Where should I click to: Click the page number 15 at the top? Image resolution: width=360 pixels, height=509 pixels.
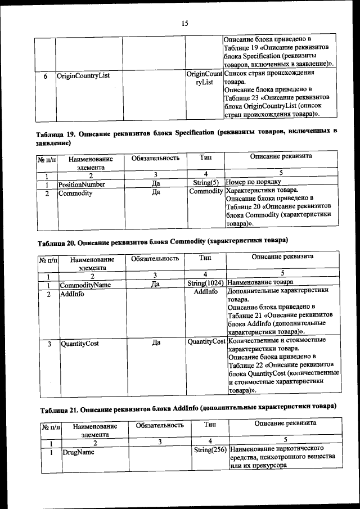point(184,22)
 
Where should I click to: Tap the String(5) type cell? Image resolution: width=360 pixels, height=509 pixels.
point(205,183)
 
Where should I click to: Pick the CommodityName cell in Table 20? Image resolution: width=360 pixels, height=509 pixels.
point(85,285)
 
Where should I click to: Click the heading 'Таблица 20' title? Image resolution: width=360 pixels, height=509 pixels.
point(163,242)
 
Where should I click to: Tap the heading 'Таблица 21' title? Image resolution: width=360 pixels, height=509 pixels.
point(186,407)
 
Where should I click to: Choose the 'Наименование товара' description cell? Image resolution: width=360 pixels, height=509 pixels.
point(260,284)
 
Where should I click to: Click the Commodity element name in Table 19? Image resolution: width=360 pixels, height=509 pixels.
point(75,193)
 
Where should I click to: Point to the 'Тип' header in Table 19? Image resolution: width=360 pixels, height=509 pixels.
point(205,158)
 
